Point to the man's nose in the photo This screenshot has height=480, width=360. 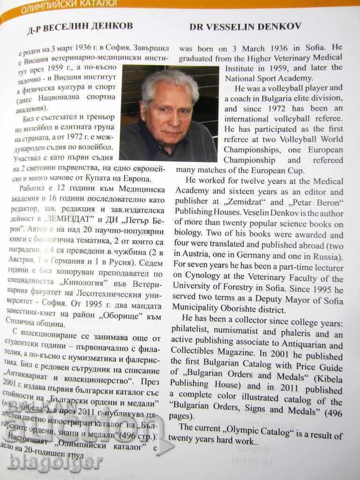[x=172, y=117]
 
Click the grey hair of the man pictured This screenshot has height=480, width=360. [x=169, y=82]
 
